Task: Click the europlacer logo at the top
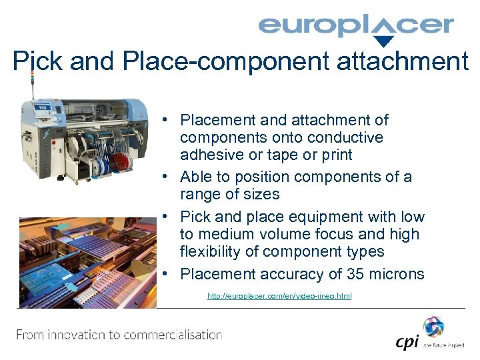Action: (x=355, y=27)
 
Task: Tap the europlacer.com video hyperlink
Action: (x=279, y=296)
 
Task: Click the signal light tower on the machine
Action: (x=31, y=83)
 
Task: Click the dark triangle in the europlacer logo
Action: (x=382, y=41)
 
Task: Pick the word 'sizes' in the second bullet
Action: (x=261, y=195)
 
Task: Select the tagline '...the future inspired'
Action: (x=445, y=346)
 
